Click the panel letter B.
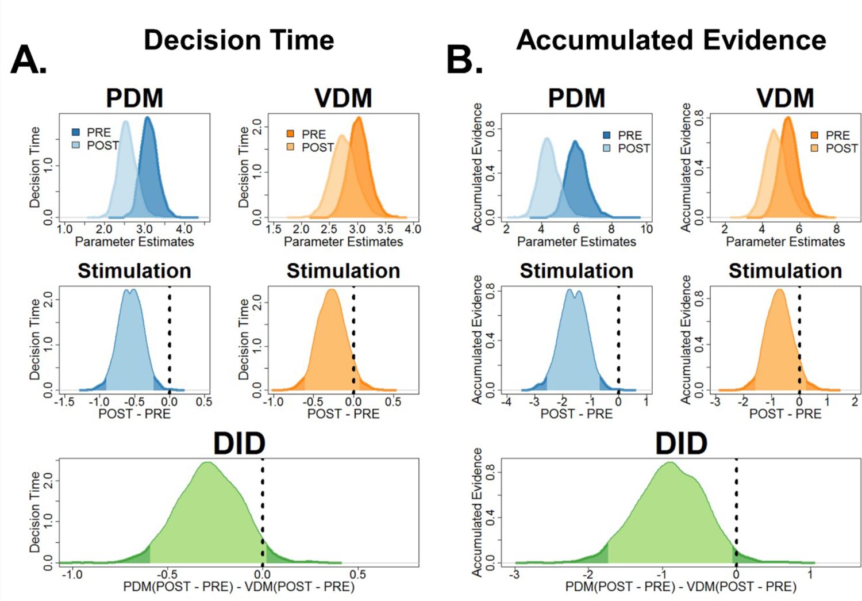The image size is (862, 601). pos(464,59)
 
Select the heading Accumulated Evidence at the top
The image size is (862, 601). pos(671,40)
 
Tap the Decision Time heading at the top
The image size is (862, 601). pos(238,40)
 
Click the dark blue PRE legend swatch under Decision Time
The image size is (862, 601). pos(76,132)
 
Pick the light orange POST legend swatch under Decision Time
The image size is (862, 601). pos(291,147)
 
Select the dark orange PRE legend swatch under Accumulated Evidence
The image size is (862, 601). pos(814,135)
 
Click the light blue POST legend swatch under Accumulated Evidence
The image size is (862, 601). pos(607,148)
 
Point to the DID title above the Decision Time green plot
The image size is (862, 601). pos(239,444)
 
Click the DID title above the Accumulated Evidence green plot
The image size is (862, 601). pos(681,444)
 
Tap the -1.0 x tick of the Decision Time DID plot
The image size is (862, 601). pos(72,574)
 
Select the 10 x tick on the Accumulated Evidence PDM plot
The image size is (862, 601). pos(646,229)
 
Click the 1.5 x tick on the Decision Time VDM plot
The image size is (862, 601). pos(274,229)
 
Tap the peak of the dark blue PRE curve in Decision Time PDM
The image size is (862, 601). pos(148,118)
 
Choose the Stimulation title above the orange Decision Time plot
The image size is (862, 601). pos(343,271)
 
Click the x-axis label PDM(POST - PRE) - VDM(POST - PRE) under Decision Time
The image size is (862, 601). pos(238,587)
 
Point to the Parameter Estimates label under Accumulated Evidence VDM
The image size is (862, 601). pos(785,242)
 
